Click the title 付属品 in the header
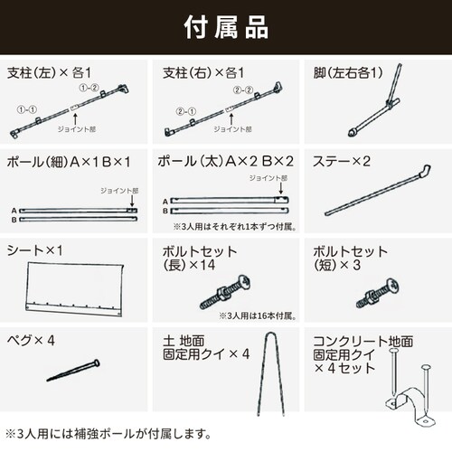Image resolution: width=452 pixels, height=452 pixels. (225, 26)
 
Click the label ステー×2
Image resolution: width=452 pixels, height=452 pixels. (343, 160)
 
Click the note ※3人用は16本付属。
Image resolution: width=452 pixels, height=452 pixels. (255, 315)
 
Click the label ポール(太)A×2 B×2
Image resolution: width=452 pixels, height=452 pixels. (226, 160)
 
